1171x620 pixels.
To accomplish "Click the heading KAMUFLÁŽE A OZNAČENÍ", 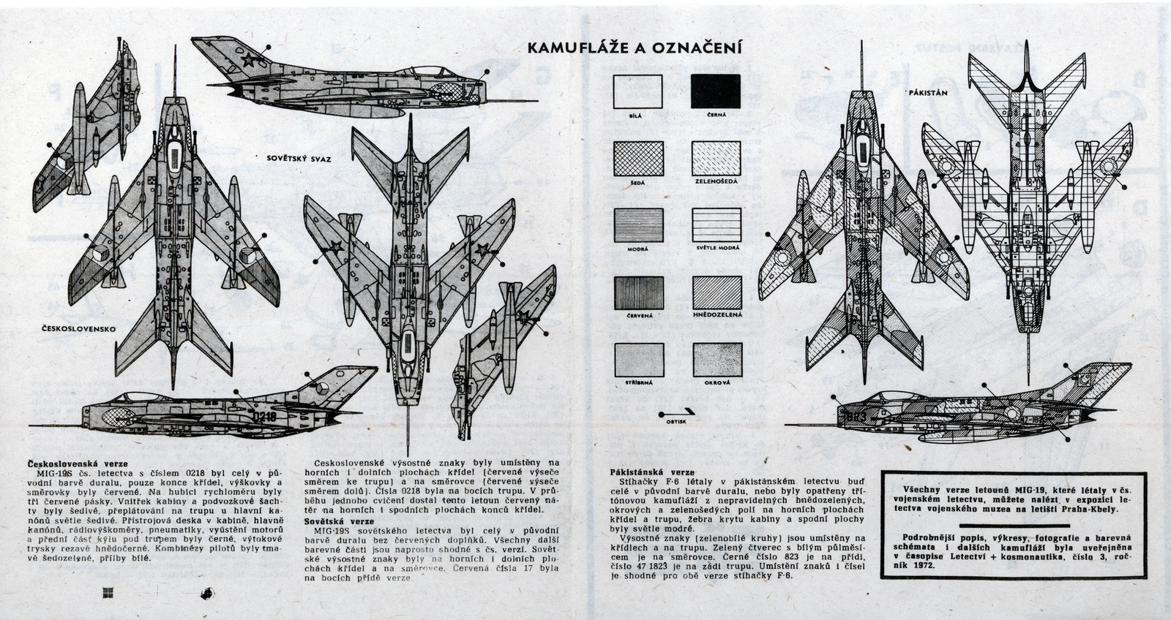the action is pos(635,48).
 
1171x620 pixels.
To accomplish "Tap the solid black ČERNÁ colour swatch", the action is pos(716,91).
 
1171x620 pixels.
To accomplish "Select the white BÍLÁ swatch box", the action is pos(637,91).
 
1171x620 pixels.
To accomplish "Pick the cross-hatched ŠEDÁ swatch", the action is pos(638,158).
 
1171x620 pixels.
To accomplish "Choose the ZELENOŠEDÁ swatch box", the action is pos(717,158).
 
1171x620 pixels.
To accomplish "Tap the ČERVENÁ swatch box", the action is pos(638,293).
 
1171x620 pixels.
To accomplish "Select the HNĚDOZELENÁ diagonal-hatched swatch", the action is pos(717,293).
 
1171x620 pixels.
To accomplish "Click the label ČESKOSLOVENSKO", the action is pos(78,329).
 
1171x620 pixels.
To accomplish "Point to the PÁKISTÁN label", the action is pos(928,94).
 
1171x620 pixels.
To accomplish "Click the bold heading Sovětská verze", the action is pos(340,521).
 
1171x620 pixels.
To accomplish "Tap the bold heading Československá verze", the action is pos(77,464).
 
